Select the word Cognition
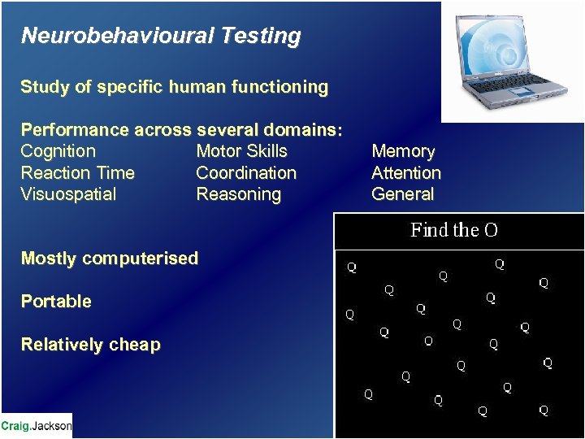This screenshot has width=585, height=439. pos(58,151)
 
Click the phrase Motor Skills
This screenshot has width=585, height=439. pos(241,151)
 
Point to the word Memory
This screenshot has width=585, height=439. pos(403,151)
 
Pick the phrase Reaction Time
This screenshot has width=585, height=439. pos(77,173)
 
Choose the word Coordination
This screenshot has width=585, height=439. pos(246,173)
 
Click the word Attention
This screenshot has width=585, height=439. pos(405,173)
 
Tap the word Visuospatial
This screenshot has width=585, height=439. pos(68,194)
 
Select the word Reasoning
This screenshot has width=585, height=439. pos(238,194)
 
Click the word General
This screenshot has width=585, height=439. pos(402,194)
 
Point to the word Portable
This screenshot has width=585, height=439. pos(56,302)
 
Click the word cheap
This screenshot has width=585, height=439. pos(135,345)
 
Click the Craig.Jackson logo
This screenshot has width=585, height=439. pos(37,425)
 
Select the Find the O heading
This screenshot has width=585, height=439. pos(454,231)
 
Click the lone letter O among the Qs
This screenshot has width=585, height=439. pos(428,341)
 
